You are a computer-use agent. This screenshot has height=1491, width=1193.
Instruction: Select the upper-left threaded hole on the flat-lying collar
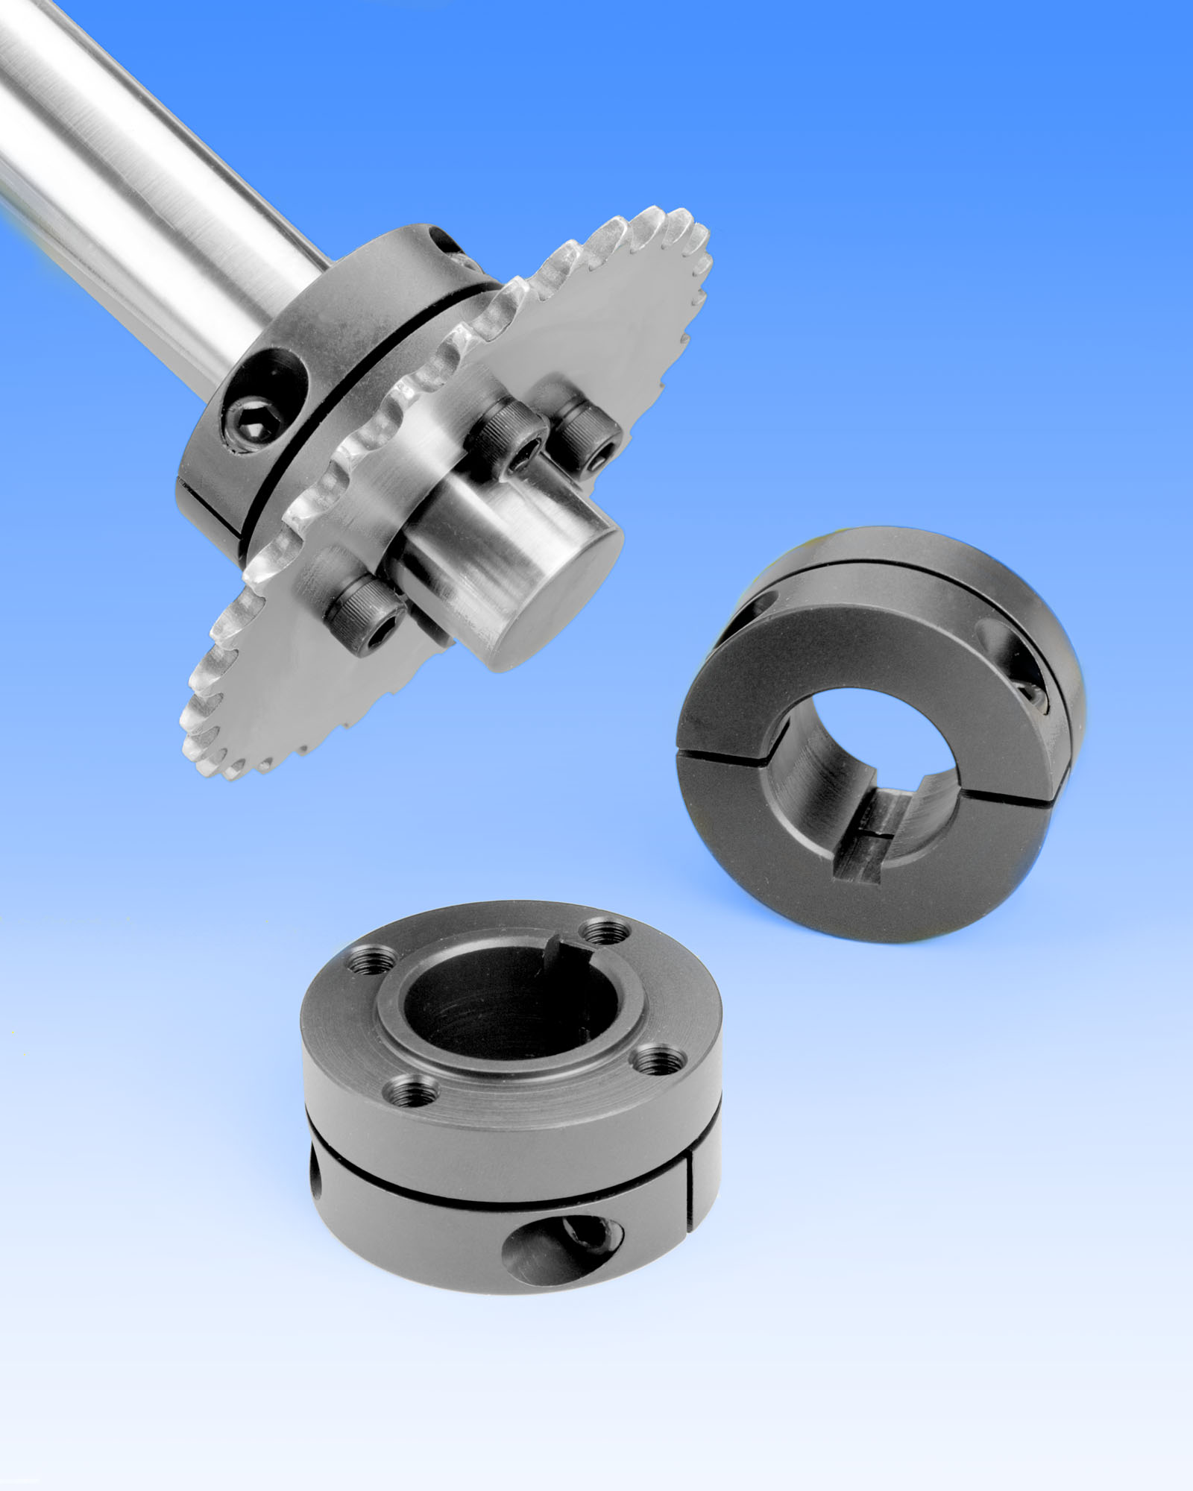[x=369, y=962]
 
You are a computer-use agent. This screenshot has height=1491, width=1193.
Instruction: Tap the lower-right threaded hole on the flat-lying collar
[x=656, y=1058]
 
